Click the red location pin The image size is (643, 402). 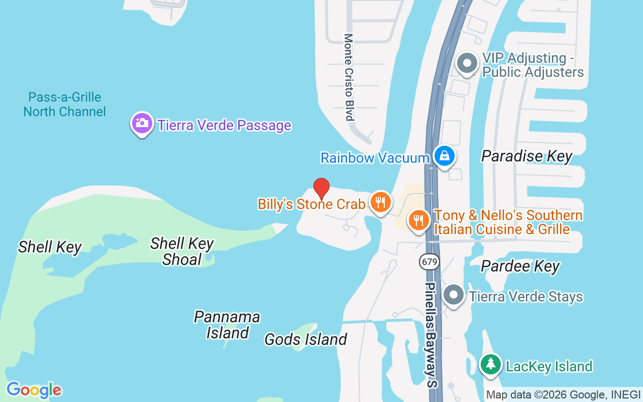pos(321,188)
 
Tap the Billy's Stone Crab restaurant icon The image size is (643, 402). pos(380,202)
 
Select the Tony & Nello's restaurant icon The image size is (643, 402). pos(417,220)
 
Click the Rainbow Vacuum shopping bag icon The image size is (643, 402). pos(445,156)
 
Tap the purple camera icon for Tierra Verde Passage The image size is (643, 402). pos(142,123)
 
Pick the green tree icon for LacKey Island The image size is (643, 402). pos(490,364)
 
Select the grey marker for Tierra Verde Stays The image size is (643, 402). pos(455,295)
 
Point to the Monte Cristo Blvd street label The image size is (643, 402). pos(349,77)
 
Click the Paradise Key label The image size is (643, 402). pos(526,156)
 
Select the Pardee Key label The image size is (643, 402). pos(520,266)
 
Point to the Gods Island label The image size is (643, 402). pos(305,340)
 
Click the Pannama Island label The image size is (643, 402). pos(227,325)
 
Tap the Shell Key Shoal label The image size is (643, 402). pos(182,251)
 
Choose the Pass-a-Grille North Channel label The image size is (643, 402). pos(65,104)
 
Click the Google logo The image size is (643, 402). pos(34,389)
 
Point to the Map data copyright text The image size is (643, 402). pos(563,395)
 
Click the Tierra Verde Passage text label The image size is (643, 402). pos(225,125)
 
